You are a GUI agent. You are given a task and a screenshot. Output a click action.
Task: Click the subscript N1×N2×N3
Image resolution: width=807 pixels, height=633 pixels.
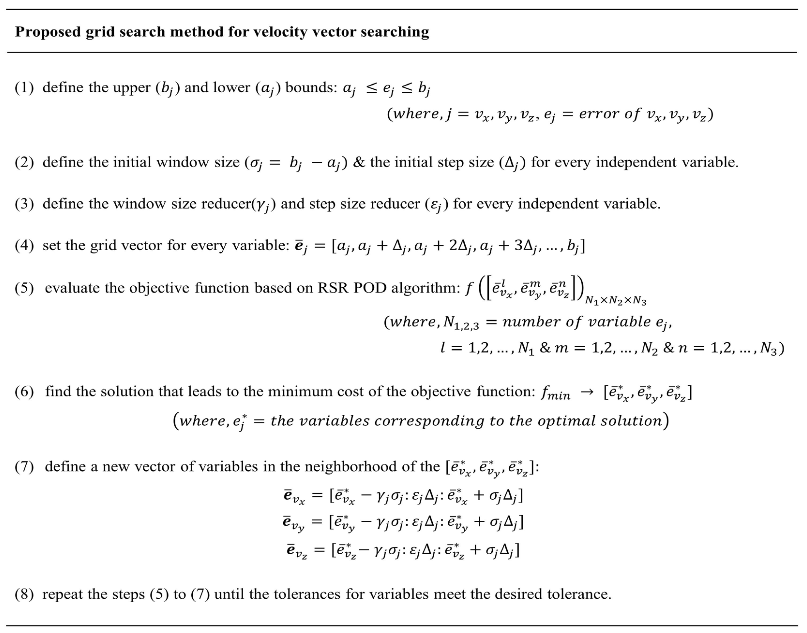pyautogui.click(x=615, y=301)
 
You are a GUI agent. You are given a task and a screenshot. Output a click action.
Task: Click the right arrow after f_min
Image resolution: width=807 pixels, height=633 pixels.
pyautogui.click(x=587, y=392)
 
